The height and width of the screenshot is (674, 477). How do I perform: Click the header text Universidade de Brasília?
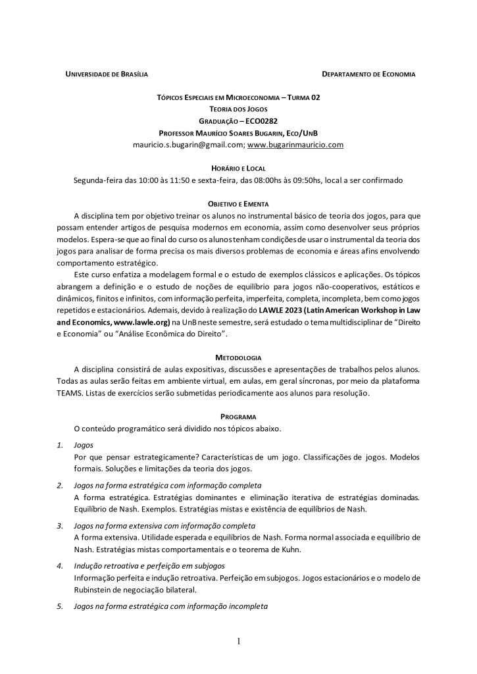coord(106,74)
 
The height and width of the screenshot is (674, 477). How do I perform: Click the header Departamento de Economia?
coord(368,74)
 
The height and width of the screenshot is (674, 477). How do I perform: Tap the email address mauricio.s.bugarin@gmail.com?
coord(189,145)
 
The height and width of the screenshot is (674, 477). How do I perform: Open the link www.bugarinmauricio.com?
coord(295,145)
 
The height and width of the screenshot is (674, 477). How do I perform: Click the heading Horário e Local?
coord(238,168)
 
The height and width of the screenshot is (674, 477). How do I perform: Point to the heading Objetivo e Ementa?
coord(238,204)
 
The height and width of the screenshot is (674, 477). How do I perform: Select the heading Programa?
coord(238,417)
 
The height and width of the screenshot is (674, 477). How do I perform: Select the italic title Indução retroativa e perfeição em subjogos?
coord(149,565)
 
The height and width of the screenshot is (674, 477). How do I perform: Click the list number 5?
coord(60,606)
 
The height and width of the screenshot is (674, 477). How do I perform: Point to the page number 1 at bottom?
coord(238,642)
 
